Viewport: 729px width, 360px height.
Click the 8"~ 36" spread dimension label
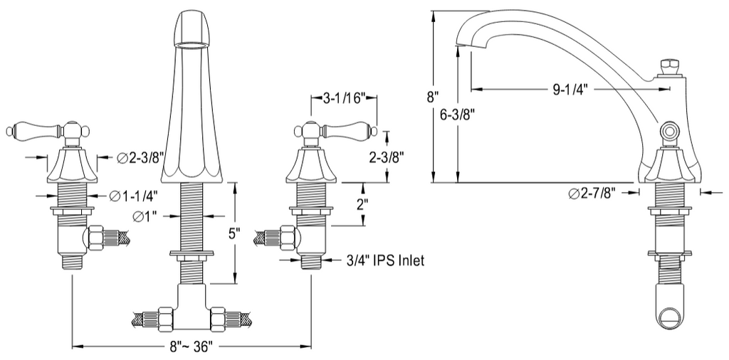(x=192, y=346)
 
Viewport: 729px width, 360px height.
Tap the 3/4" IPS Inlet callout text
(x=385, y=260)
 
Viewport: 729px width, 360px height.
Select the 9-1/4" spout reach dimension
(x=570, y=90)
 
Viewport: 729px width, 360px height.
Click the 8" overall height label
(x=432, y=97)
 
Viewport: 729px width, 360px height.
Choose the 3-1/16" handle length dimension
(x=344, y=100)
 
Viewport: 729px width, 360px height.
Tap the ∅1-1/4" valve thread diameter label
(x=134, y=197)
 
